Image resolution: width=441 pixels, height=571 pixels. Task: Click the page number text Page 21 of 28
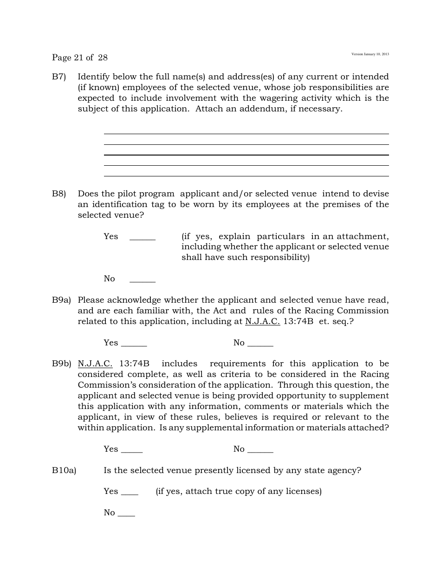pos(79,58)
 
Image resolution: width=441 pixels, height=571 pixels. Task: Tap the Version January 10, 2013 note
pos(370,54)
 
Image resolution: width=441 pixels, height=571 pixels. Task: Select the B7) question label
pos(59,77)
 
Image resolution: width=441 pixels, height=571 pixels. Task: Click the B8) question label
pos(59,194)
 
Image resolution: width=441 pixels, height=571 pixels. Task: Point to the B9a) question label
pos(61,300)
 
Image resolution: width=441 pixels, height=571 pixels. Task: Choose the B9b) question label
pos(61,363)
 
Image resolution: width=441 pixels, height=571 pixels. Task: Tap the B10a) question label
pos(64,470)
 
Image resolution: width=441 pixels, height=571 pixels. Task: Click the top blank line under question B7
pos(246,134)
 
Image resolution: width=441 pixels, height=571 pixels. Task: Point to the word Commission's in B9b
pos(102,385)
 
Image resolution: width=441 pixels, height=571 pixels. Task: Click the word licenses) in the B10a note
pos(304,491)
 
